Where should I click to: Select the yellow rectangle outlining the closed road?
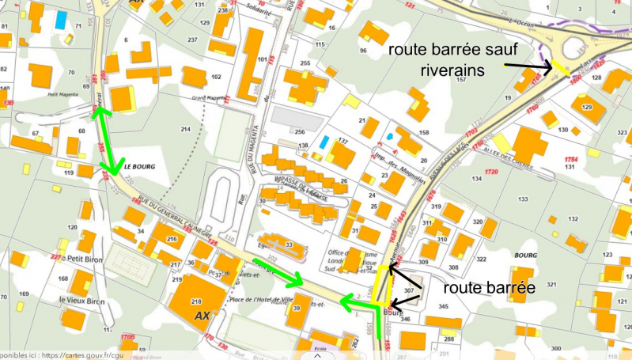[383, 286]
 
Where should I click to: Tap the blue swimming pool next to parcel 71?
[61, 20]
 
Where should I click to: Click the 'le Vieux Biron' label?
[82, 301]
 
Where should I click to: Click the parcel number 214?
[186, 128]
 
